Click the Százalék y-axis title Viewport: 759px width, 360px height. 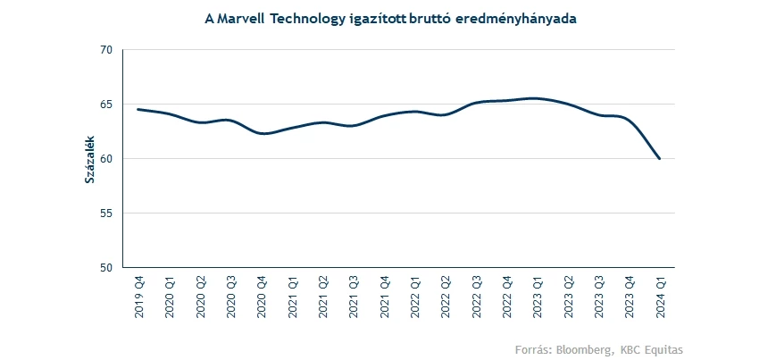pyautogui.click(x=89, y=159)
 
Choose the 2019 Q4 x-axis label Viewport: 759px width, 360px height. pyautogui.click(x=139, y=297)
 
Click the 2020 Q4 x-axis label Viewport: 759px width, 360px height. pyautogui.click(x=262, y=297)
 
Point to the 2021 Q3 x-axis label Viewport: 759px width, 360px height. pyautogui.click(x=354, y=297)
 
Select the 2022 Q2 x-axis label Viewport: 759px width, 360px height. pyautogui.click(x=446, y=297)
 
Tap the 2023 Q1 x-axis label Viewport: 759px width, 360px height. pyautogui.click(x=538, y=297)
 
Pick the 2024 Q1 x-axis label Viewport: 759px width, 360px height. pyautogui.click(x=660, y=297)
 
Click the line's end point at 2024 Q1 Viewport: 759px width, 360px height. pyautogui.click(x=660, y=159)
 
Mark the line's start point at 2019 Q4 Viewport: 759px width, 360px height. pyautogui.click(x=138, y=110)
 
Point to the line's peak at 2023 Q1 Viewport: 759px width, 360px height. pyautogui.click(x=536, y=98)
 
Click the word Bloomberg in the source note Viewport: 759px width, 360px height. pyautogui.click(x=585, y=348)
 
